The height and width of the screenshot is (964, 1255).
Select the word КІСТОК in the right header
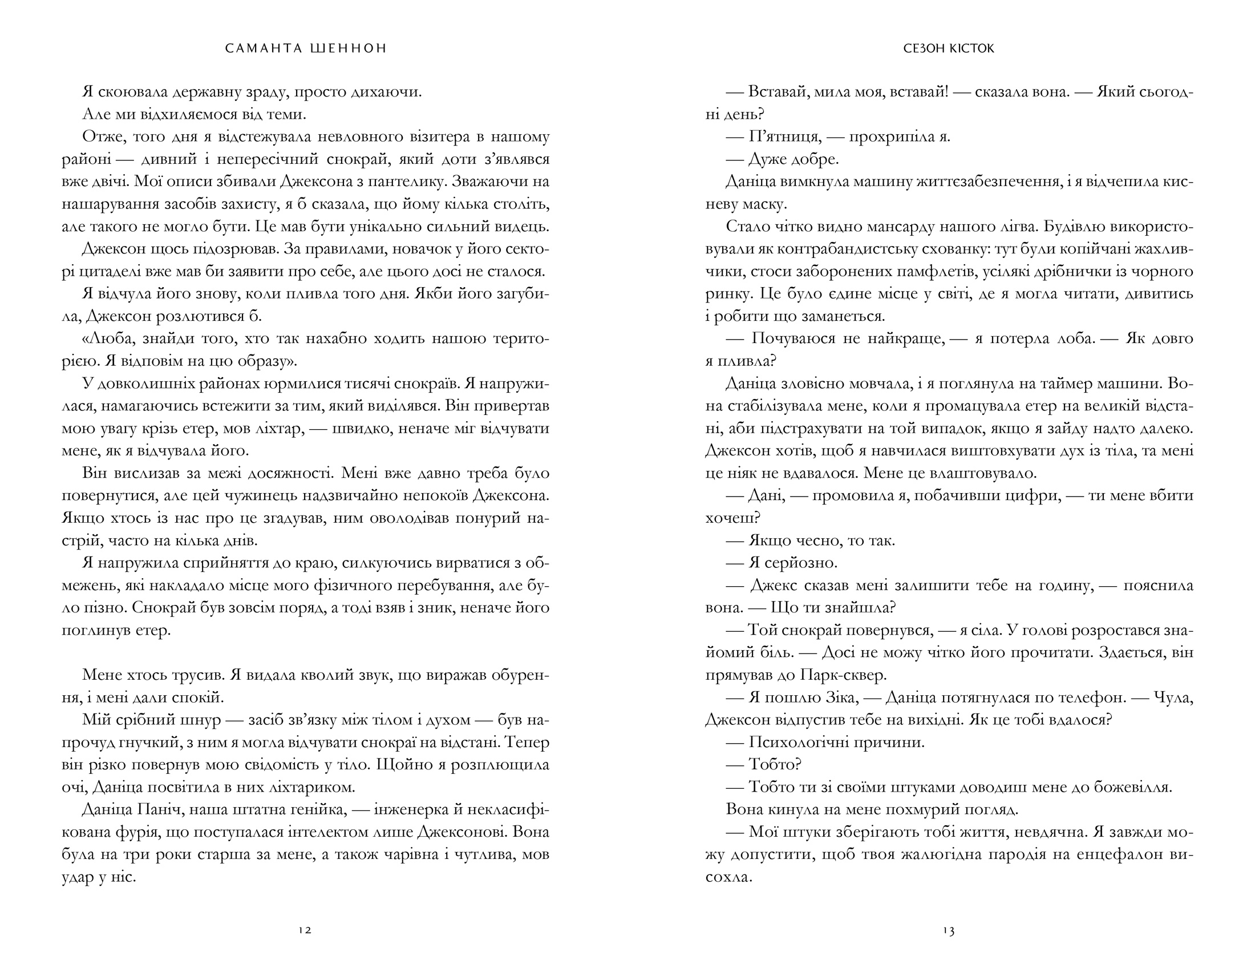[x=970, y=49]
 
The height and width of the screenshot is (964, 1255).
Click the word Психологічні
[x=799, y=742]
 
